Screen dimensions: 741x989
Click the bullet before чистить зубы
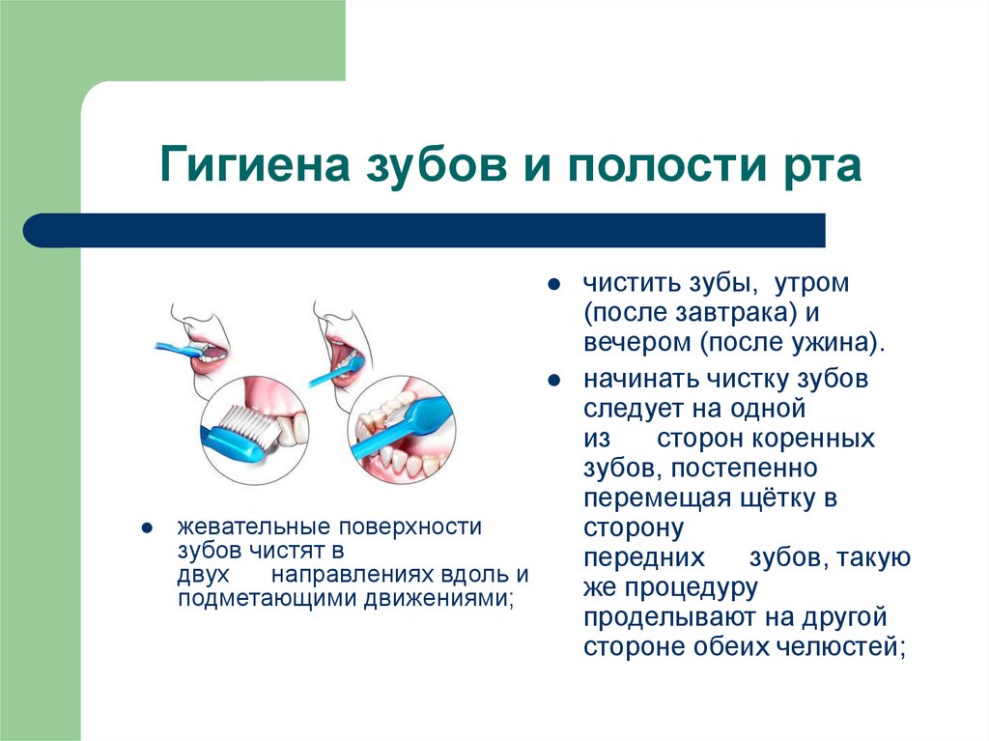[553, 287]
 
